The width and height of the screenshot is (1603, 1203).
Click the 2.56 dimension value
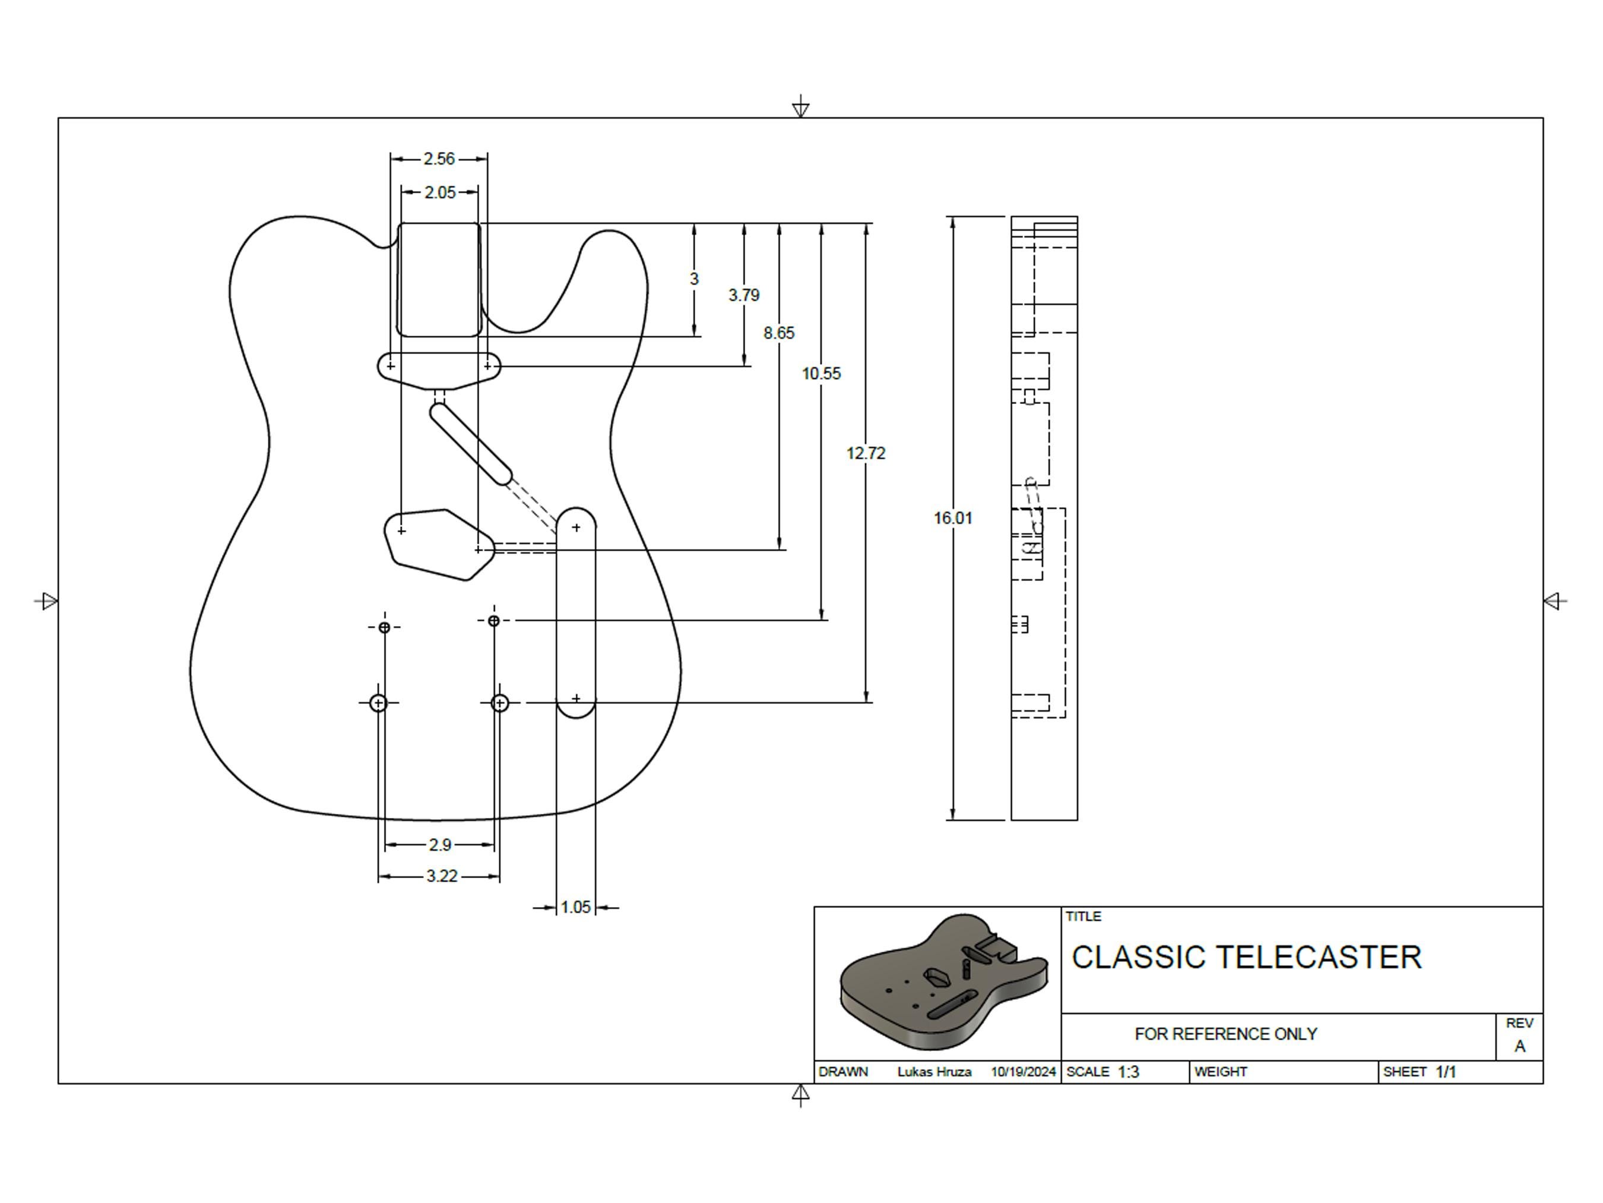[439, 159]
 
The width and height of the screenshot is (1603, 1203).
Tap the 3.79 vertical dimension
[743, 295]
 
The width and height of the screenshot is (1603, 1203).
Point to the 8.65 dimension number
[779, 333]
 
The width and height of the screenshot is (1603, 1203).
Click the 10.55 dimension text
[821, 374]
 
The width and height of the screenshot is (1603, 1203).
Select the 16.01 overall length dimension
[953, 518]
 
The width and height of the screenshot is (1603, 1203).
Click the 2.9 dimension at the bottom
[440, 845]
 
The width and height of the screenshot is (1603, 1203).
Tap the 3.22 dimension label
[442, 876]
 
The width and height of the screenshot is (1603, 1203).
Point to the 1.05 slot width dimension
[575, 907]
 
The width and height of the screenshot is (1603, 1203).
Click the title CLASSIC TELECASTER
[1246, 957]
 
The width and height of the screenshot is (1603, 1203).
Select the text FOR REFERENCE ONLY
[1225, 1034]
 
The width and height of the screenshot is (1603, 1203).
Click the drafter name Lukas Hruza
[934, 1072]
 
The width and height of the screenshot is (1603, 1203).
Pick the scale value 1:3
[1128, 1072]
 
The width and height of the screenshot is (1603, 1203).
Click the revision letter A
[1520, 1046]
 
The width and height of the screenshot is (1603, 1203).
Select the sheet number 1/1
[1446, 1072]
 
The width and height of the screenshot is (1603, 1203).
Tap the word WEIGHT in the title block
[1221, 1072]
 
